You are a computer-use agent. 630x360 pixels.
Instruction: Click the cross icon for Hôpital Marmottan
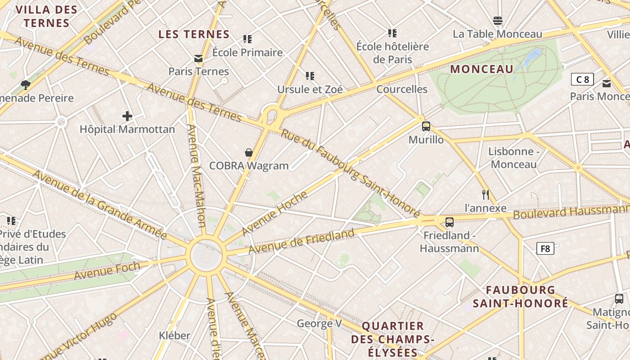(x=127, y=116)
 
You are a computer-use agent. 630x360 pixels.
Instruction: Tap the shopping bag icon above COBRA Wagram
(x=249, y=153)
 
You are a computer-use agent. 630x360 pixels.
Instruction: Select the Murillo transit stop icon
(x=426, y=126)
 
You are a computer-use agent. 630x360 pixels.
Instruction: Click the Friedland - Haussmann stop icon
(x=449, y=222)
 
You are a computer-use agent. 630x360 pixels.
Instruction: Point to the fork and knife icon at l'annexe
(x=485, y=195)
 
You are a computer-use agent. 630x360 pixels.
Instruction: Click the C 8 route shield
(x=582, y=80)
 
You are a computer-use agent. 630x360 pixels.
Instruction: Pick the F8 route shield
(x=545, y=248)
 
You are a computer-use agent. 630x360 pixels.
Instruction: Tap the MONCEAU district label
(x=481, y=69)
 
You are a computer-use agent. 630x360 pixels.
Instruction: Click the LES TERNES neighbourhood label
(x=194, y=34)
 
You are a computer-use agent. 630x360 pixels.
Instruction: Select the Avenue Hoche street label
(x=274, y=213)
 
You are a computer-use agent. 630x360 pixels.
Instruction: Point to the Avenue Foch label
(x=107, y=270)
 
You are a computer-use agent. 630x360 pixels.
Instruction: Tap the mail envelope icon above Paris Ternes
(x=198, y=58)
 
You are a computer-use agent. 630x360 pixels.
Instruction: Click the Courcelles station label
(x=402, y=89)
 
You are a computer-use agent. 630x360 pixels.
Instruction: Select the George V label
(x=319, y=323)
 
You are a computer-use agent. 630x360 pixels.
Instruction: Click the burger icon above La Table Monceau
(x=497, y=20)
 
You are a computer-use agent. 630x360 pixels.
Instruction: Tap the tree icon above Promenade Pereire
(x=26, y=85)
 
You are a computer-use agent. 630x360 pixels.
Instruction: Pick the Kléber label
(x=175, y=335)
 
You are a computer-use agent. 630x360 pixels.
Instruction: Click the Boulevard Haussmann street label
(x=571, y=212)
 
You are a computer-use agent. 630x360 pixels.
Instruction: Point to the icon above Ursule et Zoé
(x=310, y=76)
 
